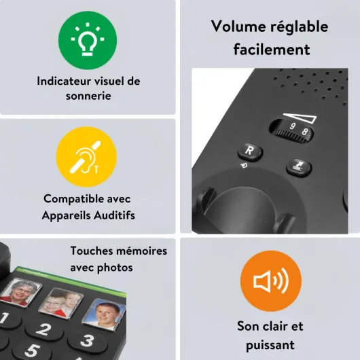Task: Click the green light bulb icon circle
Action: (88, 40)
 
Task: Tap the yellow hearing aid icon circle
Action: (86, 157)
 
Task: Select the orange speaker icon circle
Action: (271, 281)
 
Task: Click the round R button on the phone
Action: (250, 152)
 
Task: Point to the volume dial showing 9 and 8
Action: (291, 131)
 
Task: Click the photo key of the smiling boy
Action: (105, 313)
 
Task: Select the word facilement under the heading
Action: (272, 49)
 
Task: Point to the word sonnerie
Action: (88, 96)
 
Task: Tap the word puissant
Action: (270, 345)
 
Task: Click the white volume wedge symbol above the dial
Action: (300, 118)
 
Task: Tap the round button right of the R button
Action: (299, 167)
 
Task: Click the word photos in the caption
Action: (115, 268)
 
